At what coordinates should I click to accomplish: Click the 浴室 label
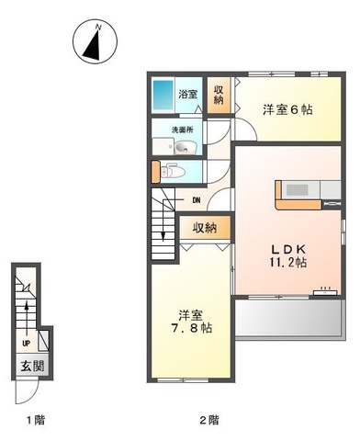(x=188, y=93)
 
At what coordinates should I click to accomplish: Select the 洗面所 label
(x=185, y=130)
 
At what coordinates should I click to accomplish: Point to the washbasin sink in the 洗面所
(x=185, y=147)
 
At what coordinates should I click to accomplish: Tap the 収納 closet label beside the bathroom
(x=219, y=95)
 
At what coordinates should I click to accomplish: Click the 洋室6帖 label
(x=287, y=109)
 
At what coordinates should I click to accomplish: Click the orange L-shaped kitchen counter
(x=287, y=196)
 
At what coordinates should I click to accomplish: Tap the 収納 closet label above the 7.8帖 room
(x=205, y=228)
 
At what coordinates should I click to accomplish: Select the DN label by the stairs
(x=196, y=200)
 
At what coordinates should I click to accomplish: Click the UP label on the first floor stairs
(x=25, y=345)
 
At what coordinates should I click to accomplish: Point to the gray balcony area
(x=287, y=319)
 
